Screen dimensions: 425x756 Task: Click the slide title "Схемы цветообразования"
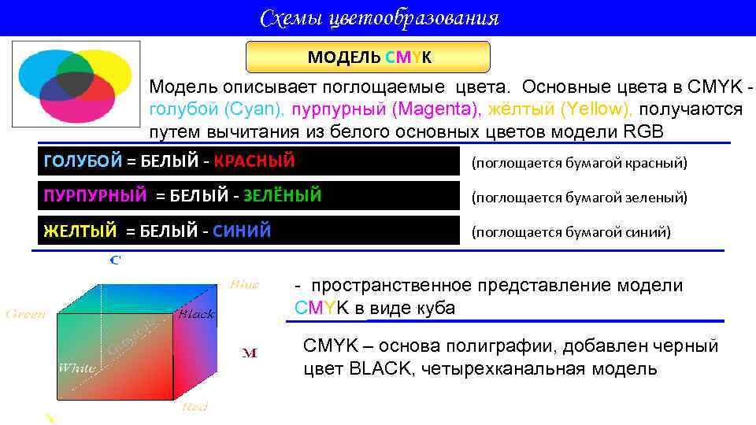tap(379, 17)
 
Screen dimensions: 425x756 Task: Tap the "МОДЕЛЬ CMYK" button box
tap(369, 57)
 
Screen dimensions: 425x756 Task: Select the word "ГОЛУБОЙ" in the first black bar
tap(83, 161)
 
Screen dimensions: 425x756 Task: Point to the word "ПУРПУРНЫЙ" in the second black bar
tap(95, 196)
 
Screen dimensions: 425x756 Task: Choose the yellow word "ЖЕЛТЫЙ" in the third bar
tap(80, 231)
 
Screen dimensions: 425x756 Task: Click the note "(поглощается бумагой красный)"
tap(579, 163)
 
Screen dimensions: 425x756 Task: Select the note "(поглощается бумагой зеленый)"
tap(579, 198)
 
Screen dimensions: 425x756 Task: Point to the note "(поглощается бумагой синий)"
tap(571, 232)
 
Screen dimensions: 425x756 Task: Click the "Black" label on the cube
tap(196, 315)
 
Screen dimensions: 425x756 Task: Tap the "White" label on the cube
tap(77, 368)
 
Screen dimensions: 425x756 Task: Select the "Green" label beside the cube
tap(26, 315)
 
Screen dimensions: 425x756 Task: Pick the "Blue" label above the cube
tap(244, 285)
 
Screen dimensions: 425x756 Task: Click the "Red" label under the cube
tap(195, 406)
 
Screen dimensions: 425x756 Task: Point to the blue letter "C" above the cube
tap(114, 260)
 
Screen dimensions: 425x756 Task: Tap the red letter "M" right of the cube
tap(249, 353)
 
